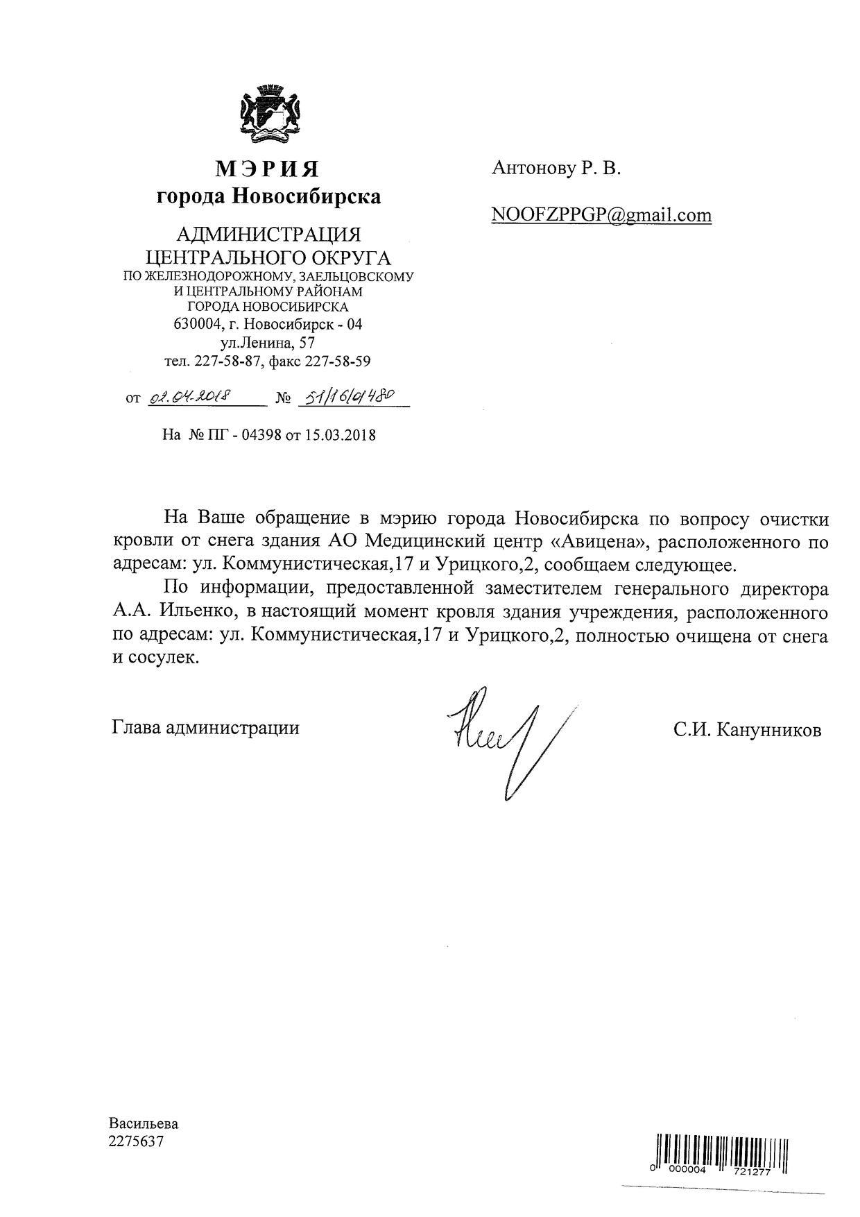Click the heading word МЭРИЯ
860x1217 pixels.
click(268, 169)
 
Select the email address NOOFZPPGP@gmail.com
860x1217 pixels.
click(601, 215)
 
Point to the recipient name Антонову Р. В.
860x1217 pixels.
click(556, 168)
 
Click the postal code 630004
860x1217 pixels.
click(198, 324)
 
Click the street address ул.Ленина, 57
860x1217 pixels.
click(268, 343)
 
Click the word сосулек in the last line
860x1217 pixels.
click(164, 657)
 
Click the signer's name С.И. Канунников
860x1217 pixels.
click(746, 730)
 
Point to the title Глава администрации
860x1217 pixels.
click(205, 728)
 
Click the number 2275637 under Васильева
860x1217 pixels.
click(136, 1141)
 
